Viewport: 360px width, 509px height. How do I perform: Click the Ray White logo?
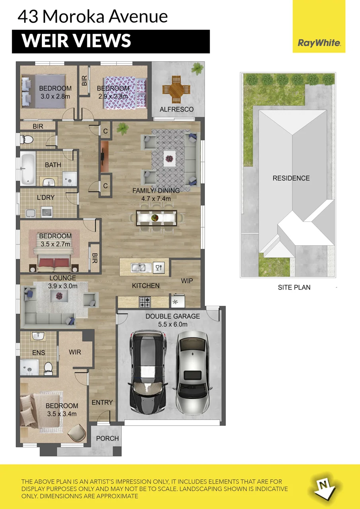319,43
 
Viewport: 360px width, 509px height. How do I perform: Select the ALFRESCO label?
177,109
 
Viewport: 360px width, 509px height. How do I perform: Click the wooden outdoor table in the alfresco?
176,89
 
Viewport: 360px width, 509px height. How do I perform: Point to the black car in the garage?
148,372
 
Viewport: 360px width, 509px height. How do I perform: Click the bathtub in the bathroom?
28,168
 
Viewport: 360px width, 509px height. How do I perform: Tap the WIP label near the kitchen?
187,281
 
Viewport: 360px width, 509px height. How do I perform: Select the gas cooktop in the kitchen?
145,302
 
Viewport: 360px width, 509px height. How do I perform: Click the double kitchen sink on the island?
141,268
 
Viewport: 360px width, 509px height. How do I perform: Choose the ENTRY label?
102,402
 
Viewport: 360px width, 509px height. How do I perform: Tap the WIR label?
75,352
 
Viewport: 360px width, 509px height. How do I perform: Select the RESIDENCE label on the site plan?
291,178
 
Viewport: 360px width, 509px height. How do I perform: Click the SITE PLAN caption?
294,288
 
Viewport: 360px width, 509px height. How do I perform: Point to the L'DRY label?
46,198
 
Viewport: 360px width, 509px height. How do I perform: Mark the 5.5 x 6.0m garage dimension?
173,324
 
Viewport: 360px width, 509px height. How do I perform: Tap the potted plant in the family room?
123,128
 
